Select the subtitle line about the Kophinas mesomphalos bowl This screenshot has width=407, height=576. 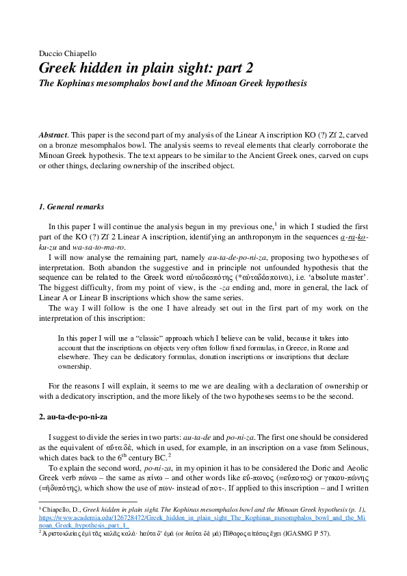pyautogui.click(x=172, y=84)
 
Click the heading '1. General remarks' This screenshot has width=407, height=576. pyautogui.click(x=71, y=207)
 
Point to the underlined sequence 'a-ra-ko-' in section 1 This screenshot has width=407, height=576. pyautogui.click(x=354, y=237)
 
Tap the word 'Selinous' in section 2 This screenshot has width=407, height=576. pyautogui.click(x=350, y=447)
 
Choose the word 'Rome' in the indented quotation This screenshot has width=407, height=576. pyautogui.click(x=332, y=348)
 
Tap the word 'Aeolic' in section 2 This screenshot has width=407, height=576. pyautogui.click(x=356, y=469)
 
